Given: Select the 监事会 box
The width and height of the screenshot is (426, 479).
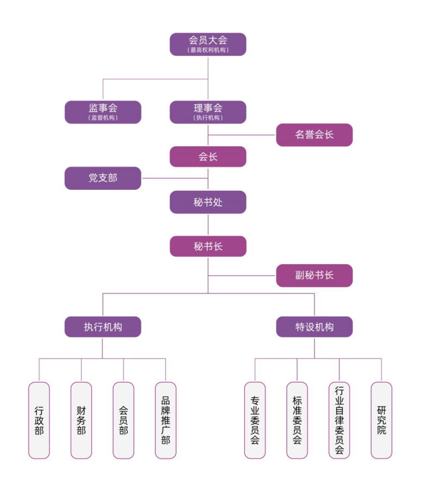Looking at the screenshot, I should [103, 111].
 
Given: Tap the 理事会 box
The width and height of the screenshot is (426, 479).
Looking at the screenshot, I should [208, 111].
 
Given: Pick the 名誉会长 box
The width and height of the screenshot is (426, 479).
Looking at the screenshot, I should [314, 135].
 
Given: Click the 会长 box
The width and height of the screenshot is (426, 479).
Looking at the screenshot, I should [208, 157].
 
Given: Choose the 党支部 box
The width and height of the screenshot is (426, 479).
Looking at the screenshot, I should [103, 178].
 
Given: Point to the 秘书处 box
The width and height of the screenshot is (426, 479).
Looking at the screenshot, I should [208, 202].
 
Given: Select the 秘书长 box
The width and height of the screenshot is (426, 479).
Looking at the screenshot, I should [208, 246].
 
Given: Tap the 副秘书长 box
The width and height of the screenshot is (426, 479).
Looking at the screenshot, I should [314, 275].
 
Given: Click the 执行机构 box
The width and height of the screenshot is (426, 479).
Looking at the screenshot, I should [103, 327].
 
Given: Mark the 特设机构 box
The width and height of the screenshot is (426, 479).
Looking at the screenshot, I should [314, 327].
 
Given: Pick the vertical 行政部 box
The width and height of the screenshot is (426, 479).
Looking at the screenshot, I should [39, 420].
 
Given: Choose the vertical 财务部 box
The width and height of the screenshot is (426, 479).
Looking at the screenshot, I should [81, 420].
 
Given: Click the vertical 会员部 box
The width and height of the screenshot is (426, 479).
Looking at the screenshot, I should [124, 420].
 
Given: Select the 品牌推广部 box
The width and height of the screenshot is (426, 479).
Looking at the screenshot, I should [165, 420].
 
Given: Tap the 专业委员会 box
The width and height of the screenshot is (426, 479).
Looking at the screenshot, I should [255, 420].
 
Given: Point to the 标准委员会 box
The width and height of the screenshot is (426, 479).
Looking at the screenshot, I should [297, 420].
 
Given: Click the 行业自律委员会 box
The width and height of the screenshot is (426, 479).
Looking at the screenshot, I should [339, 420].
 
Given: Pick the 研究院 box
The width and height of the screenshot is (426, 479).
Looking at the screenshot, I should [381, 420].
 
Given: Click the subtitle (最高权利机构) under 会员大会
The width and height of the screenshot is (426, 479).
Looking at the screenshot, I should [208, 50].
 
